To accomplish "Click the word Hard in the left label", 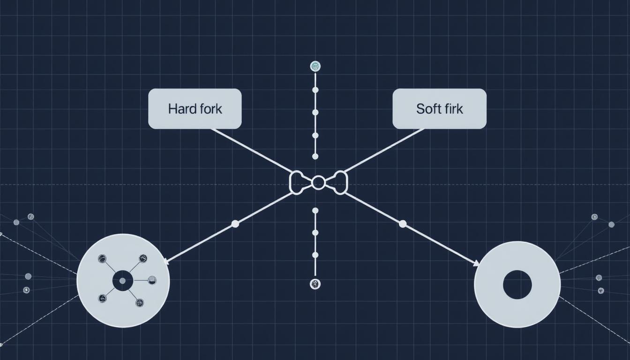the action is coord(180,109).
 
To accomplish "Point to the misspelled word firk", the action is coord(452,109).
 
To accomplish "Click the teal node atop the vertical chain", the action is coord(315,67).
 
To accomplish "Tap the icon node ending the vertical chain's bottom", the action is coord(315,284).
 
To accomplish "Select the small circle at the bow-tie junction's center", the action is coord(318,183).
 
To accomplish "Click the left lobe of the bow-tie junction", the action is coord(298,182).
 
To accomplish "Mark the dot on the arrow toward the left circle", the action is coord(235,224).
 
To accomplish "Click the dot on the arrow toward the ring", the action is coord(403,224).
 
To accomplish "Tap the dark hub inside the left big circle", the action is coord(123,281).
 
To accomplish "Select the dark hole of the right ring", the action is coord(517,285).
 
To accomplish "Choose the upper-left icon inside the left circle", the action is coord(102,258).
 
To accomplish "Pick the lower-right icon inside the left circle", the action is coord(140,303).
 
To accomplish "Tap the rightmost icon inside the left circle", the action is coord(152,280).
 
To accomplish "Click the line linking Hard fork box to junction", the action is coord(253,150).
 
